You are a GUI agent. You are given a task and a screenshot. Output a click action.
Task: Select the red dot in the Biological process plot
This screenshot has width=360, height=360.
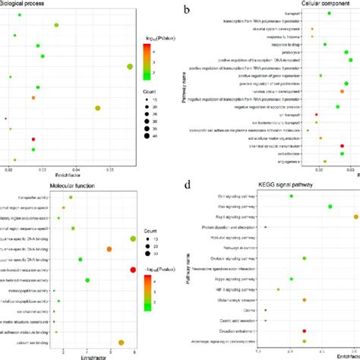pos(33,140)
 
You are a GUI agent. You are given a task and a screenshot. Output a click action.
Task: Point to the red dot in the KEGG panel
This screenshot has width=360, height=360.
pos(305,331)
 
